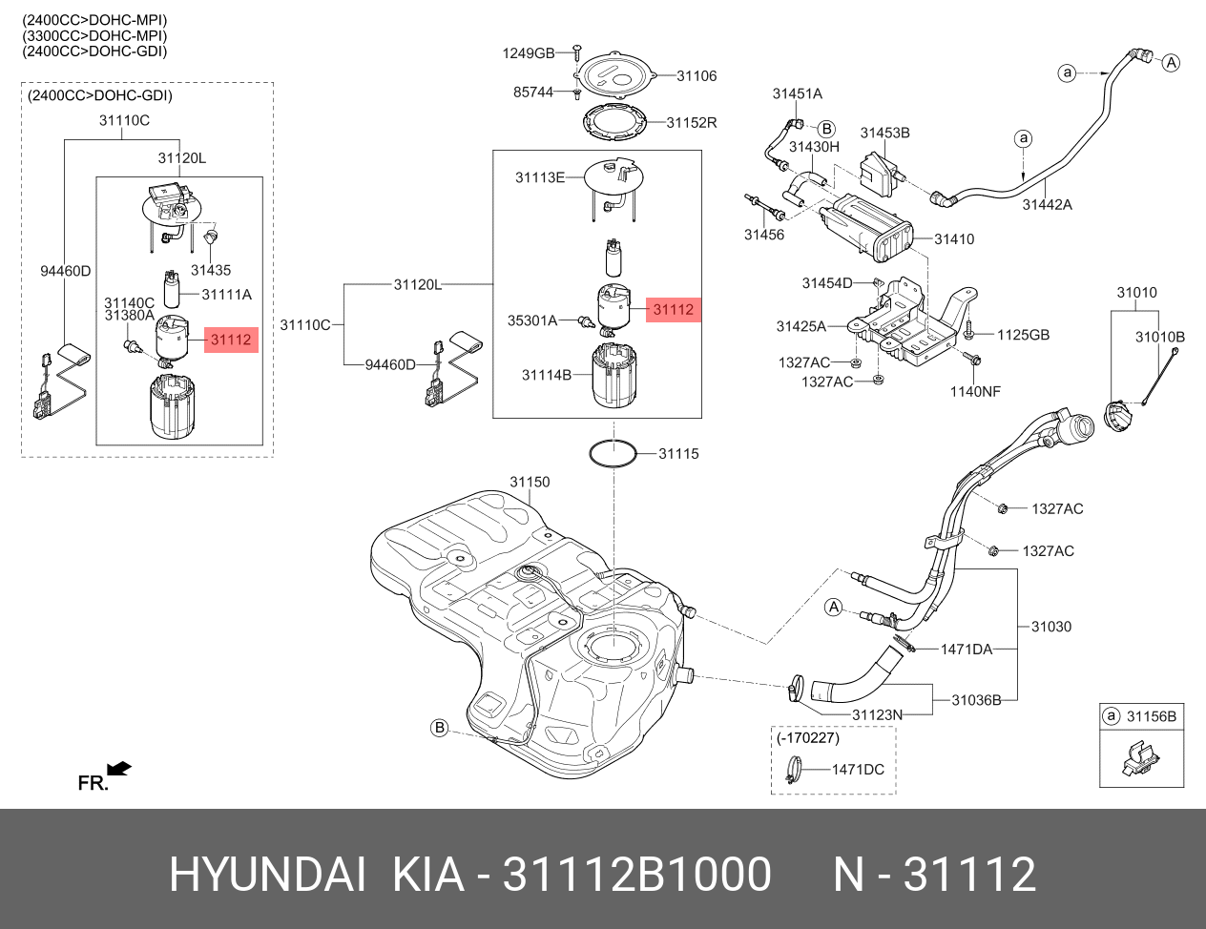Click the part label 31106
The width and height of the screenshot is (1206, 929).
pos(697,75)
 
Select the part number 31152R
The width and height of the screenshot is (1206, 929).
pos(692,122)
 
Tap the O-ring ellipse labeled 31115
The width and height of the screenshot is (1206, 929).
pos(613,453)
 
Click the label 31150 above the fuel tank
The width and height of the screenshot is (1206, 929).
pos(530,482)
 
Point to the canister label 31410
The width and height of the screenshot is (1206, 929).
pos(954,238)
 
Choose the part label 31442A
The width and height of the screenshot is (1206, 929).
pos(1047,204)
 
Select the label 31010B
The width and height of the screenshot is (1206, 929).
pos(1159,337)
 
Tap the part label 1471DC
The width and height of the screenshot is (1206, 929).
pos(858,770)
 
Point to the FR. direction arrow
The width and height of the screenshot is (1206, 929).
pos(118,768)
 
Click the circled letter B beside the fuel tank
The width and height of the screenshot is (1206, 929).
pos(439,728)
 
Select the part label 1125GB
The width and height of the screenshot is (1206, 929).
pos(1023,335)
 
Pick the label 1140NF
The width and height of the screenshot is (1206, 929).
pos(975,391)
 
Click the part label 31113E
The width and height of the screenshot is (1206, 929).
pos(540,177)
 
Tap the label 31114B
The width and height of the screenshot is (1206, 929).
pos(546,375)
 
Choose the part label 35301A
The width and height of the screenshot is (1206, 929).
pos(532,320)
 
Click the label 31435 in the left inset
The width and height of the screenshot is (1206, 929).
pos(211,270)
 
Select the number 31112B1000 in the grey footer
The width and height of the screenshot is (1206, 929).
pos(636,874)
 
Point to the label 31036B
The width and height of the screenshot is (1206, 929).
pos(976,700)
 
